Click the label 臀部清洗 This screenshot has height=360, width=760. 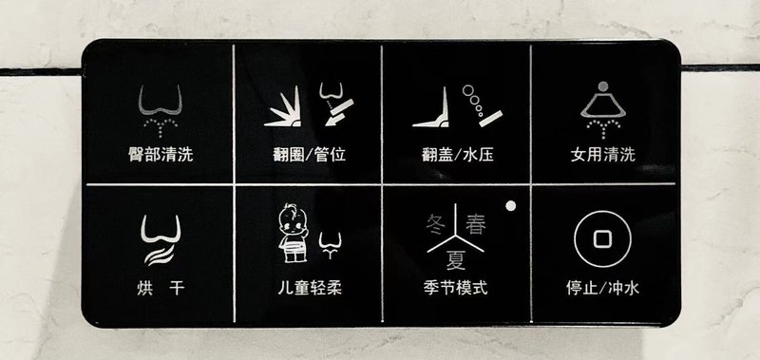click(x=161, y=155)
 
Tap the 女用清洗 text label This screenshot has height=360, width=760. click(x=602, y=155)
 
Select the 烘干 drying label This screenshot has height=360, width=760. click(x=161, y=289)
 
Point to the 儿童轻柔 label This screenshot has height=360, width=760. click(x=310, y=288)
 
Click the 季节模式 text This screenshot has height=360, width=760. click(x=455, y=288)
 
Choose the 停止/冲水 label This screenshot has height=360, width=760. click(x=602, y=289)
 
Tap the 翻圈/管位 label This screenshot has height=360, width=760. click(x=310, y=155)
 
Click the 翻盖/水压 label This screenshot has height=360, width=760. click(x=458, y=155)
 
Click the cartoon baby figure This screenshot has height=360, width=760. click(x=294, y=233)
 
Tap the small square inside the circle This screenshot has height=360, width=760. click(x=602, y=238)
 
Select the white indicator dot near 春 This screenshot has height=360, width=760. click(x=510, y=205)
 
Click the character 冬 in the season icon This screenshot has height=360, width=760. click(x=436, y=224)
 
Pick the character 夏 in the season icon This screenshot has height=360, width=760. click(x=456, y=259)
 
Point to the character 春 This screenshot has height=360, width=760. click(x=476, y=224)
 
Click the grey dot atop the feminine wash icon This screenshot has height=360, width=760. click(x=603, y=86)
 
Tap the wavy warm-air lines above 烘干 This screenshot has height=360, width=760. click(x=160, y=255)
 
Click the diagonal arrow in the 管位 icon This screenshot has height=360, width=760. click(x=339, y=112)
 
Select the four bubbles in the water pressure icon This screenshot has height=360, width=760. click(x=473, y=101)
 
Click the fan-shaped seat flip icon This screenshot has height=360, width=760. click(x=283, y=106)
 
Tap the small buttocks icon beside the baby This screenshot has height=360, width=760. click(x=330, y=245)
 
